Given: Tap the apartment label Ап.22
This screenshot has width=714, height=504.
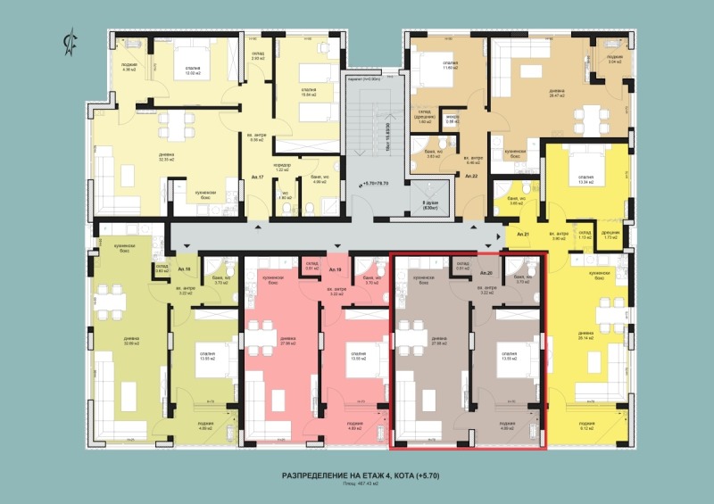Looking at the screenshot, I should pyautogui.click(x=472, y=177).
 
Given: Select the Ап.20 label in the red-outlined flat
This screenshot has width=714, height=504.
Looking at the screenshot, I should pyautogui.click(x=486, y=271).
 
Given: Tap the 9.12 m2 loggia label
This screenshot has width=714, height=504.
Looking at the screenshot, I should pyautogui.click(x=586, y=425).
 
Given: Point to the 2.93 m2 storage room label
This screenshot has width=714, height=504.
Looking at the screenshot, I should pyautogui.click(x=258, y=55).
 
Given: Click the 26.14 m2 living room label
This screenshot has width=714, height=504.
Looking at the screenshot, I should pyautogui.click(x=586, y=337).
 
